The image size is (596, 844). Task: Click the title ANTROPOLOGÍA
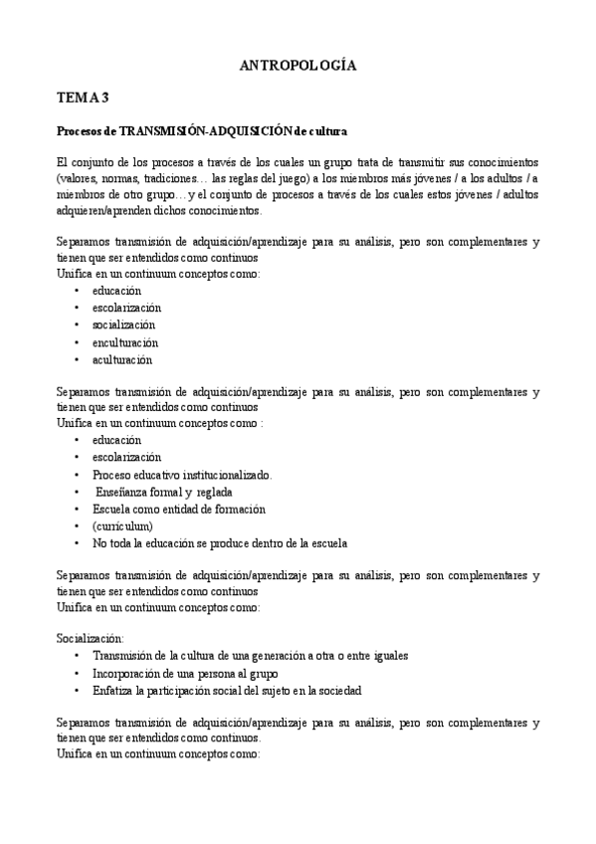(298, 66)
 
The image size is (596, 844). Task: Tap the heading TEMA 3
(83, 98)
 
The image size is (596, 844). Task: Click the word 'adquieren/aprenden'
(102, 211)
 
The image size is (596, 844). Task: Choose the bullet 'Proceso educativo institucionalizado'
(182, 474)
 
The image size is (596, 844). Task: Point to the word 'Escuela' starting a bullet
(112, 509)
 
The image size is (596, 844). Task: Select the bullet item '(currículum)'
(123, 526)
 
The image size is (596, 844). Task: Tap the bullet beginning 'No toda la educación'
(219, 543)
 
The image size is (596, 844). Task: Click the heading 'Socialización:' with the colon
(91, 637)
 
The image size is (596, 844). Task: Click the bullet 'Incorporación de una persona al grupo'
(188, 673)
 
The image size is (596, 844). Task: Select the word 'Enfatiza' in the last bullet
(114, 690)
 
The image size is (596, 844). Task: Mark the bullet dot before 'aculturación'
(77, 360)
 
